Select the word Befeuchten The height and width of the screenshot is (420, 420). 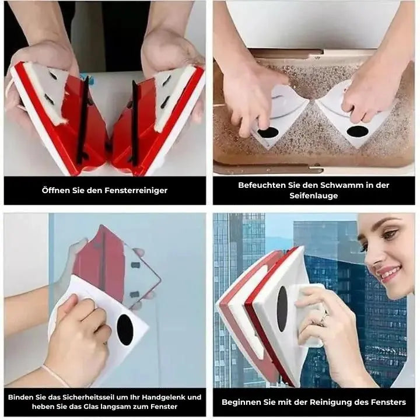(x=262, y=185)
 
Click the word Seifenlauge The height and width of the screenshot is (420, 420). (x=313, y=196)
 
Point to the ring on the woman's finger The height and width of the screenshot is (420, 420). (x=323, y=318)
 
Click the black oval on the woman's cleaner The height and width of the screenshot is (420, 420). (x=282, y=309)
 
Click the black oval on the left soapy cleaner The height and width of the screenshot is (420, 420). (x=268, y=133)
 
